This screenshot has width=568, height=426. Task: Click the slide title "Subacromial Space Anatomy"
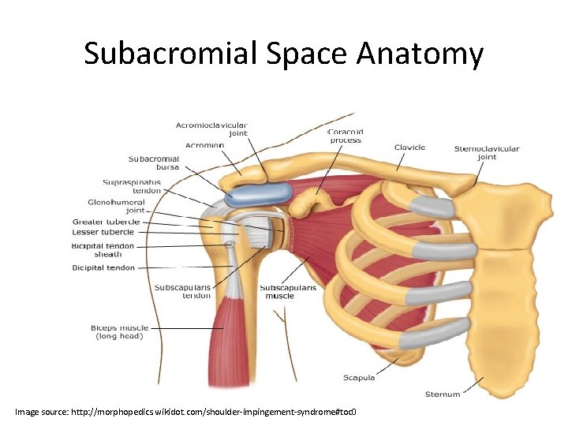coord(283,54)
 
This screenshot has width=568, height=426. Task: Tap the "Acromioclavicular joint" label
coord(211,129)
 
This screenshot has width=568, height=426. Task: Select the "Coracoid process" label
coord(345,136)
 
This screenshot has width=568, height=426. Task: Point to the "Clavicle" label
coord(409,148)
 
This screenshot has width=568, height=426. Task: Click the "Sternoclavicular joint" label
coord(487,152)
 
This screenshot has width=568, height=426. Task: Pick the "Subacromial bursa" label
coord(154,163)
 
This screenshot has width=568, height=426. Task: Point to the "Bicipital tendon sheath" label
coord(103,250)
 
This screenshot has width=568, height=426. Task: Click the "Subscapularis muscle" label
coord(288,292)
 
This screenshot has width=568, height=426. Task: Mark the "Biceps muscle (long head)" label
coord(119,332)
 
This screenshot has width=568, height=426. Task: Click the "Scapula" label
coord(359,378)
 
